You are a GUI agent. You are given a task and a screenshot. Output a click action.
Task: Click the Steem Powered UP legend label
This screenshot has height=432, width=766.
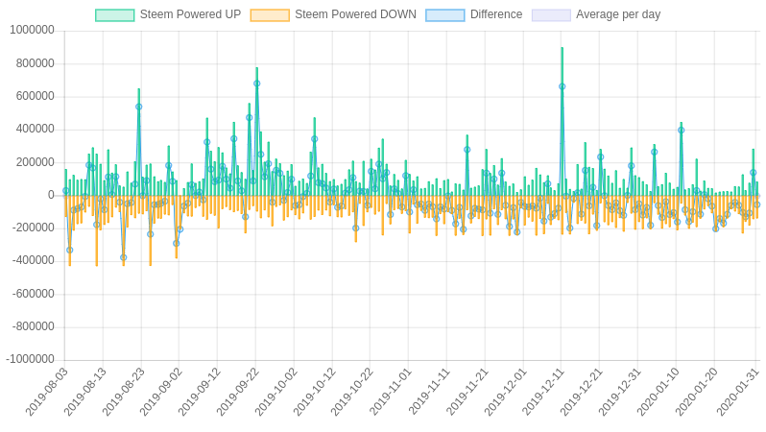pos(190,14)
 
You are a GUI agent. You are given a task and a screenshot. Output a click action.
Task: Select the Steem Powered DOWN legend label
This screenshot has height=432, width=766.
pos(355,14)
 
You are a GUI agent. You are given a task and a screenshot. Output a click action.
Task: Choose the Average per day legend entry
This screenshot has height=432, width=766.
pos(618,14)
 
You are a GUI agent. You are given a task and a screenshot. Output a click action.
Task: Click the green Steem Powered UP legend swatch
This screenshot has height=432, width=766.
pos(115,15)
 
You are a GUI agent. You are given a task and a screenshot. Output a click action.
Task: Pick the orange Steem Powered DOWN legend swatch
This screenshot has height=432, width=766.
pos(270,15)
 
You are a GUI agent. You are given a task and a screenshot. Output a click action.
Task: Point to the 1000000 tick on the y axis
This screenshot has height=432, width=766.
pos(32,31)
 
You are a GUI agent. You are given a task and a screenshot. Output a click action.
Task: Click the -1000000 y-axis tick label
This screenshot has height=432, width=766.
pos(30,360)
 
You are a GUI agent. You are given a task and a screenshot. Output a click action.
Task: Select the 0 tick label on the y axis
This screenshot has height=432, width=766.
pos(51,195)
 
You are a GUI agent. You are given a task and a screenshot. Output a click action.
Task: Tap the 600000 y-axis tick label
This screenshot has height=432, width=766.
pos(36,96)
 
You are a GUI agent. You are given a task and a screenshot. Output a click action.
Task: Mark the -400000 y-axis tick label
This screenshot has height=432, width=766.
pos(34,261)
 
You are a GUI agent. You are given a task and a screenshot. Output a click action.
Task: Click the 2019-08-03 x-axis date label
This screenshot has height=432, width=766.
pos(47,391)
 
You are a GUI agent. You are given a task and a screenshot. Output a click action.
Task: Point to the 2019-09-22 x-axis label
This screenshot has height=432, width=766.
pos(238,391)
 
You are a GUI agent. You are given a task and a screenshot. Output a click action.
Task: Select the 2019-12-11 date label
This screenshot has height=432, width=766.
pos(543,391)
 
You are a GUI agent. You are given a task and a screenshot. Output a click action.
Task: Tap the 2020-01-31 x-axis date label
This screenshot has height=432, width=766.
pos(738,391)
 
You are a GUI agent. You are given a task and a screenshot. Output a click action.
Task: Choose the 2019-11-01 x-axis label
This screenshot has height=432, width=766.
pos(391,391)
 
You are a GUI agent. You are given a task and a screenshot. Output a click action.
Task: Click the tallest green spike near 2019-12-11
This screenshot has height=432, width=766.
pos(562,53)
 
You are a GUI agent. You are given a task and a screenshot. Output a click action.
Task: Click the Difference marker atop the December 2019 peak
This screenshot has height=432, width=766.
pos(562,86)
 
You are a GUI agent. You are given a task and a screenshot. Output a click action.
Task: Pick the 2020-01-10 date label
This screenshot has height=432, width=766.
pos(658,391)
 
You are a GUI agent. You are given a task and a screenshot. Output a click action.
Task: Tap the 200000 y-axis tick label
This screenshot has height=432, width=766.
pos(36,162)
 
